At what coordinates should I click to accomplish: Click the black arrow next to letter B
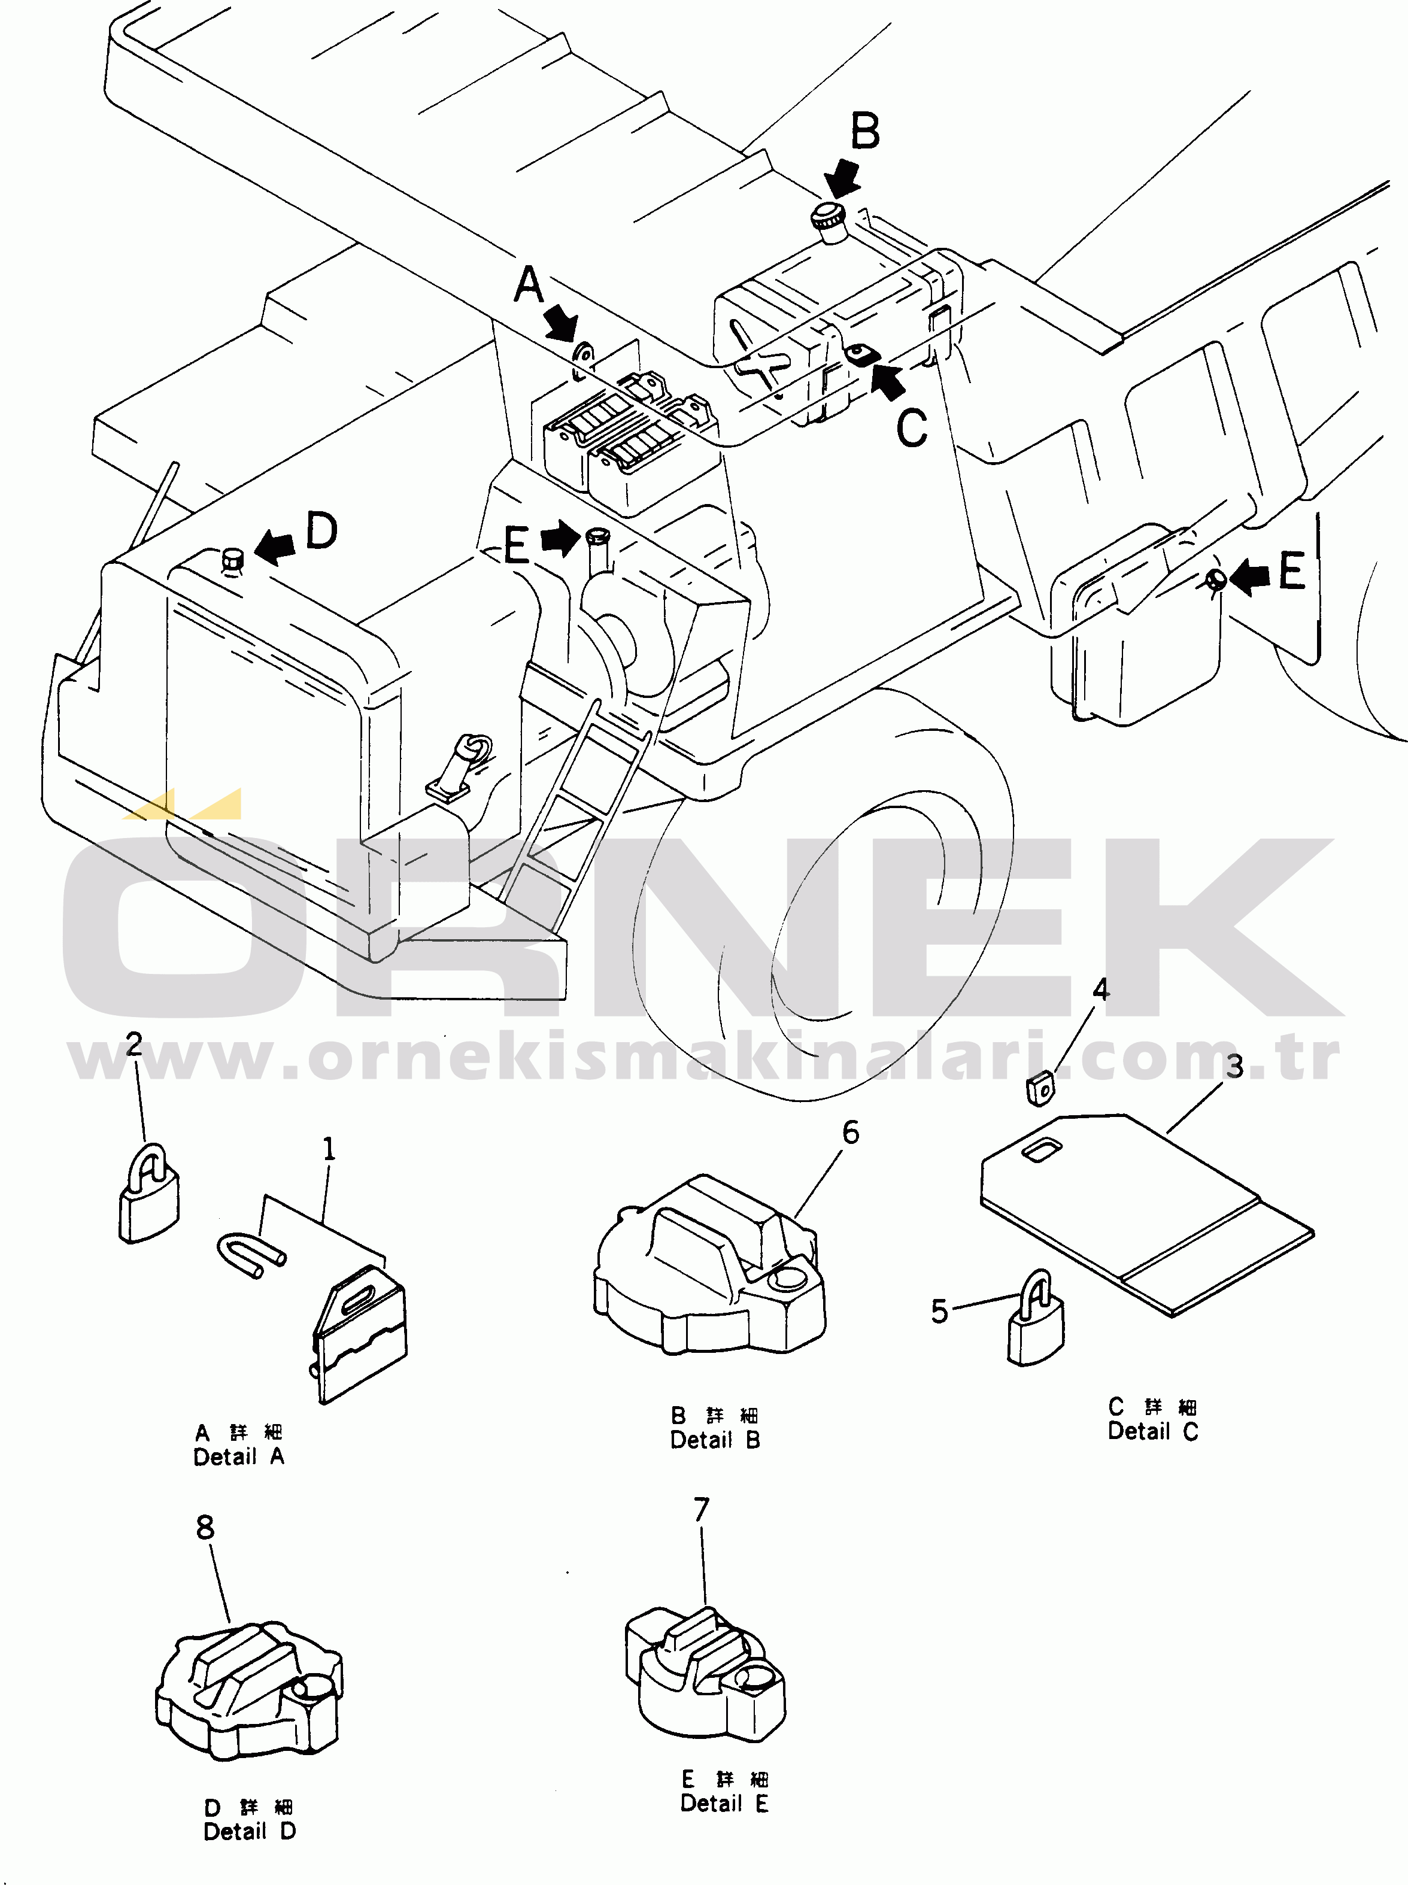point(843,180)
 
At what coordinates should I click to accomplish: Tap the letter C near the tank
point(911,428)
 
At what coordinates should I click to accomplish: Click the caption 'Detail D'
point(249,1831)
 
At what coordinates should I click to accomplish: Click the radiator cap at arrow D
point(232,560)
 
